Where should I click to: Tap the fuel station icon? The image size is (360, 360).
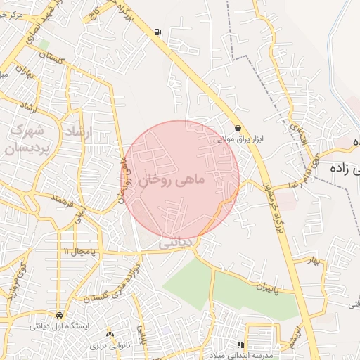coord(156,32)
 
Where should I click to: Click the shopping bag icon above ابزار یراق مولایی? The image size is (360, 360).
coord(239,129)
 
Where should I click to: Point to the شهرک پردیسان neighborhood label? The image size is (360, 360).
coord(26,140)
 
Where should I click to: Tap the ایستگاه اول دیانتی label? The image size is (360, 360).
coord(57,326)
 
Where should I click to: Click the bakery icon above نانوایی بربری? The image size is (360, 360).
coord(110,333)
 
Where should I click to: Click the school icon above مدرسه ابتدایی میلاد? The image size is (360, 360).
coord(240,345)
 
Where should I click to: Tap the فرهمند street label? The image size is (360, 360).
coord(63,202)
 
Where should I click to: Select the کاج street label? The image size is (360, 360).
coord(91,15)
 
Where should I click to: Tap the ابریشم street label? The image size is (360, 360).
coord(300,333)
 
